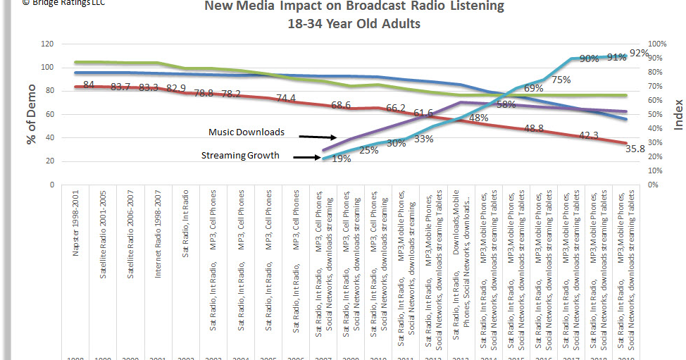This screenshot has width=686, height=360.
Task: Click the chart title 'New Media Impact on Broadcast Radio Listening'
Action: [x=354, y=6]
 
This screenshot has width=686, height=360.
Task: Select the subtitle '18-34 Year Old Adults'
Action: [x=354, y=23]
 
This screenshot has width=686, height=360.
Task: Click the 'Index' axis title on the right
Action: [x=678, y=114]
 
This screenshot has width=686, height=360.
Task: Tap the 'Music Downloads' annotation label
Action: [x=247, y=132]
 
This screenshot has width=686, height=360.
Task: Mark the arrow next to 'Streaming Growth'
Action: [x=308, y=158]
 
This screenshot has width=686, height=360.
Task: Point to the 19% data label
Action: [x=341, y=159]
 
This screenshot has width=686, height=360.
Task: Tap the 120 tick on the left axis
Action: [x=48, y=44]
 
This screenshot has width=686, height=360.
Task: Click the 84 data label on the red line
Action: [x=89, y=85]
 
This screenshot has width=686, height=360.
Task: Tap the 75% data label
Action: [x=561, y=80]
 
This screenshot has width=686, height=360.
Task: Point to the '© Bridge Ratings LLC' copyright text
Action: [x=54, y=3]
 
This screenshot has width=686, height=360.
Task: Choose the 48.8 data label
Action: [x=535, y=128]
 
